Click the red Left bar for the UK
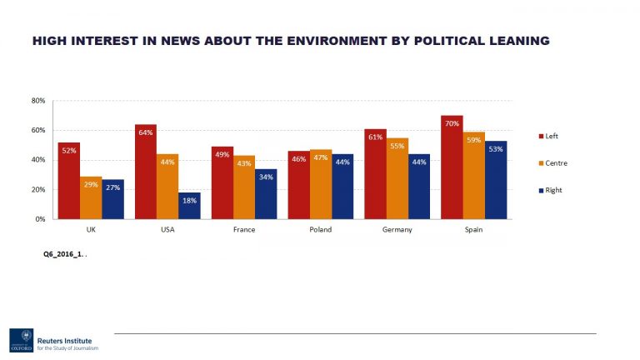[x=68, y=180]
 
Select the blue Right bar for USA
[x=189, y=206]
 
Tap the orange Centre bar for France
[x=244, y=187]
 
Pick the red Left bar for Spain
[x=452, y=167]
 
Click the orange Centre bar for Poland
[x=321, y=184]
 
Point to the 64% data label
[x=146, y=132]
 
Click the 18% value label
[x=189, y=200]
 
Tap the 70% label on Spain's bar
[x=452, y=123]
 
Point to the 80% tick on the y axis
[x=38, y=101]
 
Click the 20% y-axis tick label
[x=38, y=189]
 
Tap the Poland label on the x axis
[x=321, y=229]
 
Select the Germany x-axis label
[x=397, y=229]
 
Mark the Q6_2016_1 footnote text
[x=64, y=254]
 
